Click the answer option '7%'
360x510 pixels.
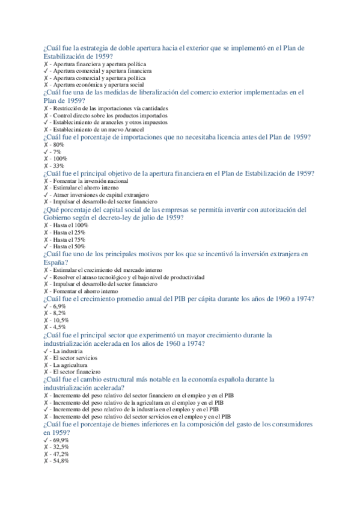pyautogui.click(x=59, y=152)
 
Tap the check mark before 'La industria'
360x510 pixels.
pyautogui.click(x=46, y=351)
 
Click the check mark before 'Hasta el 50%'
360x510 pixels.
pyautogui.click(x=46, y=247)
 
